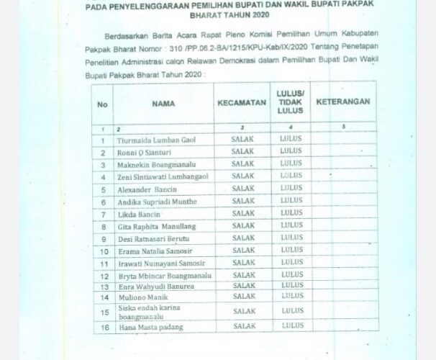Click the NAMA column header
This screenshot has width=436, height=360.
tap(163, 103)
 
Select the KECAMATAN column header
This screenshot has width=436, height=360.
tap(242, 103)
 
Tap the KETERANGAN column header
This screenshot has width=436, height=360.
tap(342, 102)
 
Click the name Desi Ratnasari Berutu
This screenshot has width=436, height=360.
tap(153, 238)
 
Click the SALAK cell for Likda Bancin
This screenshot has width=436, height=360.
tap(243, 214)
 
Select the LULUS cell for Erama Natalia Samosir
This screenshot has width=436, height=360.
tap(291, 251)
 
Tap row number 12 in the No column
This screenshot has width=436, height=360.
tap(104, 275)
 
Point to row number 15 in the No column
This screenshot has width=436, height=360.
tap(104, 312)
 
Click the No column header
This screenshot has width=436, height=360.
tap(102, 104)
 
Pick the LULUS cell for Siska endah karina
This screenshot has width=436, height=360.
tap(291, 311)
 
